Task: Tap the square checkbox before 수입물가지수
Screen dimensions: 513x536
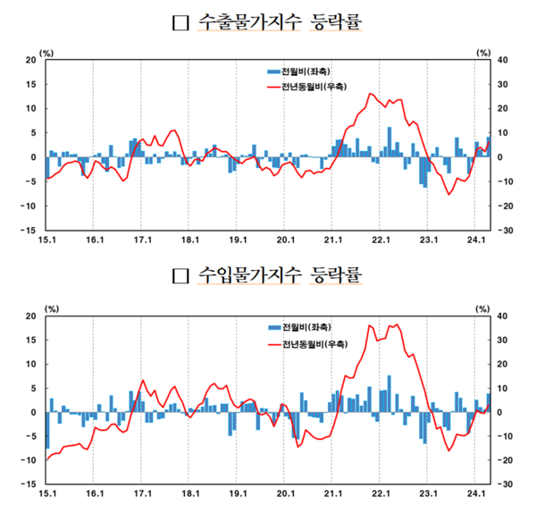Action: pyautogui.click(x=179, y=274)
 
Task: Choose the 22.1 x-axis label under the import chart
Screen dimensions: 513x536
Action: pyautogui.click(x=381, y=492)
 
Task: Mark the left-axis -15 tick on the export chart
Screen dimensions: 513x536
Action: pyautogui.click(x=29, y=230)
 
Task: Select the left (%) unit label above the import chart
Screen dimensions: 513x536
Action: pyautogui.click(x=49, y=308)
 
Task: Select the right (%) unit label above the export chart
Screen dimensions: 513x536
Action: pyautogui.click(x=483, y=53)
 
